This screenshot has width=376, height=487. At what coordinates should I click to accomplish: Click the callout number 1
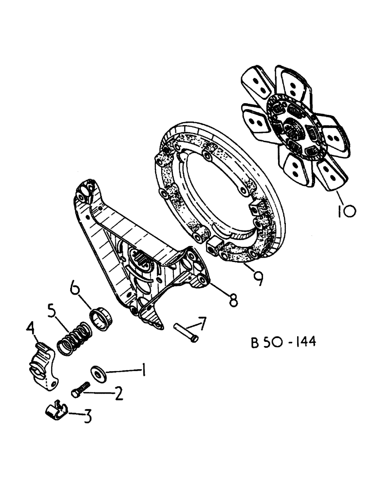coord(144,373)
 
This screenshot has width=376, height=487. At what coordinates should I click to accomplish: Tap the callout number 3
coord(87,417)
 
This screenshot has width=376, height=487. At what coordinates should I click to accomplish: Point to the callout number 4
coord(31,333)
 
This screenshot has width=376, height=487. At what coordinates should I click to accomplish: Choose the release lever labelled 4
coord(42,364)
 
